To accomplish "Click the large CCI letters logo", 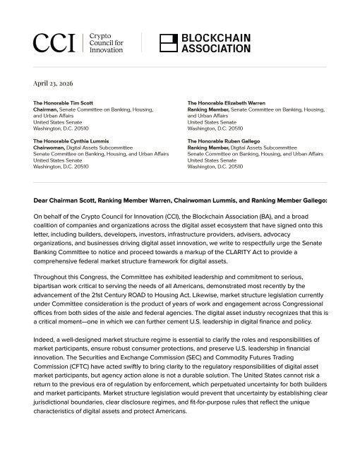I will pos(53,43).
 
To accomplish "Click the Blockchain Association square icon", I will pos(168,43).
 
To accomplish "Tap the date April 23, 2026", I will pos(54,83).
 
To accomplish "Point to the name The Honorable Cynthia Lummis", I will pos(71,141).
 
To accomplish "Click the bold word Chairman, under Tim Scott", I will pos(47,109).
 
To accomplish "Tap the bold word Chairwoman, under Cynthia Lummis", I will pos(50,148).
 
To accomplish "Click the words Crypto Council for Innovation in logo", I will pos(106,43).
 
